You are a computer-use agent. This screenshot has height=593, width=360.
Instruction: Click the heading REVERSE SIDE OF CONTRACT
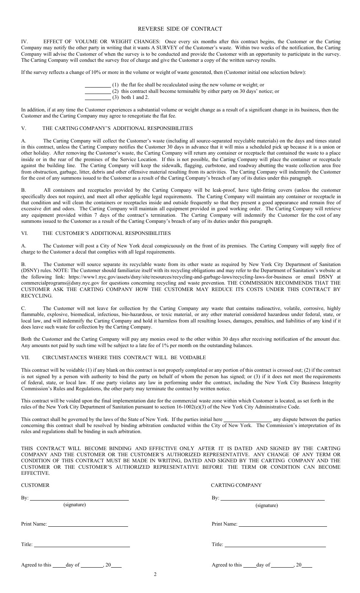(180, 29)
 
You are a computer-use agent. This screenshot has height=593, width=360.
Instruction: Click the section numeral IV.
(25, 42)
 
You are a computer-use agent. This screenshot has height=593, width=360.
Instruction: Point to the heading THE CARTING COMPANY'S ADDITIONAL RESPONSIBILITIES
(117, 128)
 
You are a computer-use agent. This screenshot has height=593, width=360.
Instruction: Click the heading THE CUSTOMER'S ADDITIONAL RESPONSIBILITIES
(106, 233)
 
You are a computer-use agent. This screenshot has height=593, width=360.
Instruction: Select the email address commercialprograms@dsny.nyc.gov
(60, 283)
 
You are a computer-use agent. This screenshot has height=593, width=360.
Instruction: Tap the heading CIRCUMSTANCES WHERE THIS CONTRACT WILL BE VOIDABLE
(124, 358)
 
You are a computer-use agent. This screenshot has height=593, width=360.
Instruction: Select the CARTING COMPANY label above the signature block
(236, 485)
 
